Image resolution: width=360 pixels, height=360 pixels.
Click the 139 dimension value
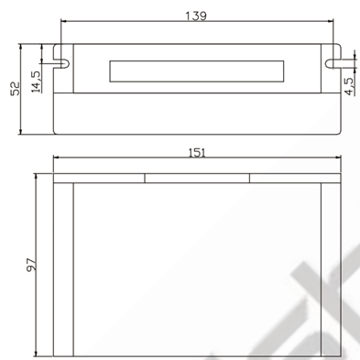pyautogui.click(x=196, y=16)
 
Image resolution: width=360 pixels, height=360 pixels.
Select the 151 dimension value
pyautogui.click(x=197, y=153)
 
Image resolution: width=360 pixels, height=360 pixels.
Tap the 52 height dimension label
pyautogui.click(x=15, y=89)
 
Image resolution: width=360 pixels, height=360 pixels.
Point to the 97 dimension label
pyautogui.click(x=31, y=265)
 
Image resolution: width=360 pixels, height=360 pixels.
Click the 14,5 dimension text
pyautogui.click(x=35, y=82)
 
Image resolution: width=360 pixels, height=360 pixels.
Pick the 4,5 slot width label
pyautogui.click(x=349, y=86)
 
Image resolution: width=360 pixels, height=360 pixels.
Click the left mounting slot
pyautogui.click(x=61, y=63)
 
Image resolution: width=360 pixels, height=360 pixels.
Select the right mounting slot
pyautogui.click(x=333, y=63)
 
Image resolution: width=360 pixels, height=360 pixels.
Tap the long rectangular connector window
pyautogui.click(x=197, y=71)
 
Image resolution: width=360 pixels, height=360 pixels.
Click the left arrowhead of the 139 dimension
pyautogui.click(x=63, y=21)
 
